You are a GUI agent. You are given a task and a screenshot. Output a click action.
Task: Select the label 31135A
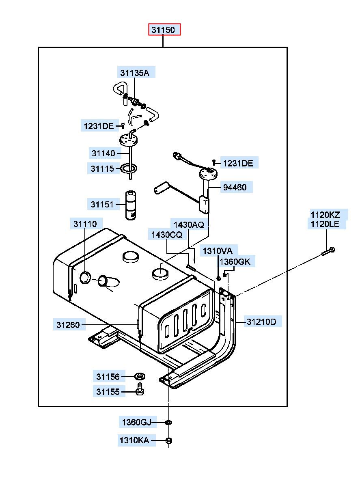point(135,73)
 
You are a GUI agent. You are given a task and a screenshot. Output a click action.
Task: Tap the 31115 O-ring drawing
point(129,168)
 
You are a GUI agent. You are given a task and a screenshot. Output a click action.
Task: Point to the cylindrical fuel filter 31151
point(130,205)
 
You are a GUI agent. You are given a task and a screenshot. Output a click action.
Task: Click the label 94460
point(235,187)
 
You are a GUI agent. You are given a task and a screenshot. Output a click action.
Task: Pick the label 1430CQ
point(167,235)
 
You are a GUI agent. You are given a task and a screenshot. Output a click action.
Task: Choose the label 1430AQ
point(189,224)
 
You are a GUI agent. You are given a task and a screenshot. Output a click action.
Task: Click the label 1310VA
point(218,251)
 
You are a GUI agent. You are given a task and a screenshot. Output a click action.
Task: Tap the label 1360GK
point(235,261)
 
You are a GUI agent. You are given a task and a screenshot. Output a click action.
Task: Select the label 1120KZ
point(325,214)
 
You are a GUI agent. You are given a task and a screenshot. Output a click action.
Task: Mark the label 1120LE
point(325,224)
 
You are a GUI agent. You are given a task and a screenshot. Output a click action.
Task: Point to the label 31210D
point(261,322)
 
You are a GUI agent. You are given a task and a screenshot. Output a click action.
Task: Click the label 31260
point(68,325)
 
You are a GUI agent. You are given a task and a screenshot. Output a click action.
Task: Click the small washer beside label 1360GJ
point(169,422)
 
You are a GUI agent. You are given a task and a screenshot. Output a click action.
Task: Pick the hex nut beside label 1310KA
point(169,440)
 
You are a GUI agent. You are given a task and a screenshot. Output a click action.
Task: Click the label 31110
point(85,224)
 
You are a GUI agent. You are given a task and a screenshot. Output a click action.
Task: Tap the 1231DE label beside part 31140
point(99,126)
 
